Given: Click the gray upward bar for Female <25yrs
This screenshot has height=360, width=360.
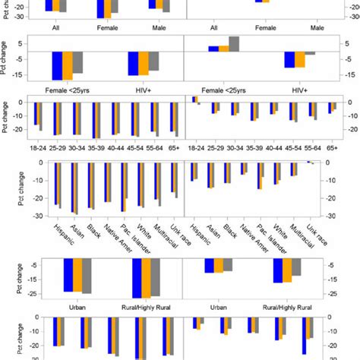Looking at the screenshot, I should point(234,44).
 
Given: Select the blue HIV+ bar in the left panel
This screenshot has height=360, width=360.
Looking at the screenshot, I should point(133,63).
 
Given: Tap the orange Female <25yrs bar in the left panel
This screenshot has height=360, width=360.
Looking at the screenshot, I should point(68,65).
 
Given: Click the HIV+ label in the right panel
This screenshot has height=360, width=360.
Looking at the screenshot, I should point(299,89).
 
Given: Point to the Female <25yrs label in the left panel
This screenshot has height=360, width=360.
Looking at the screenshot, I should point(68,89).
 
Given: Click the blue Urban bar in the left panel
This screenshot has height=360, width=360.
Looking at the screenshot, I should point(68,275).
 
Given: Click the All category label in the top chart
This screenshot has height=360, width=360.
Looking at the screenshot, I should point(55,29).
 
